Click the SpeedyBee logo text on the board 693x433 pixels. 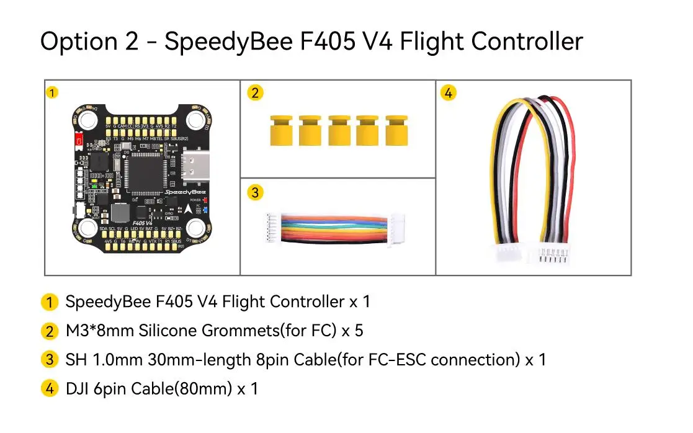pyautogui.click(x=180, y=193)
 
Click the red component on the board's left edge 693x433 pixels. pyautogui.click(x=79, y=141)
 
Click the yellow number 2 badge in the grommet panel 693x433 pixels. pyautogui.click(x=254, y=93)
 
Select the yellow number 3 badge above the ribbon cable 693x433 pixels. pyautogui.click(x=254, y=192)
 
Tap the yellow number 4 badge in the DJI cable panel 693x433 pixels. pyautogui.click(x=449, y=93)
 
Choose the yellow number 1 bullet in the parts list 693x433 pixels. pyautogui.click(x=49, y=303)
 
